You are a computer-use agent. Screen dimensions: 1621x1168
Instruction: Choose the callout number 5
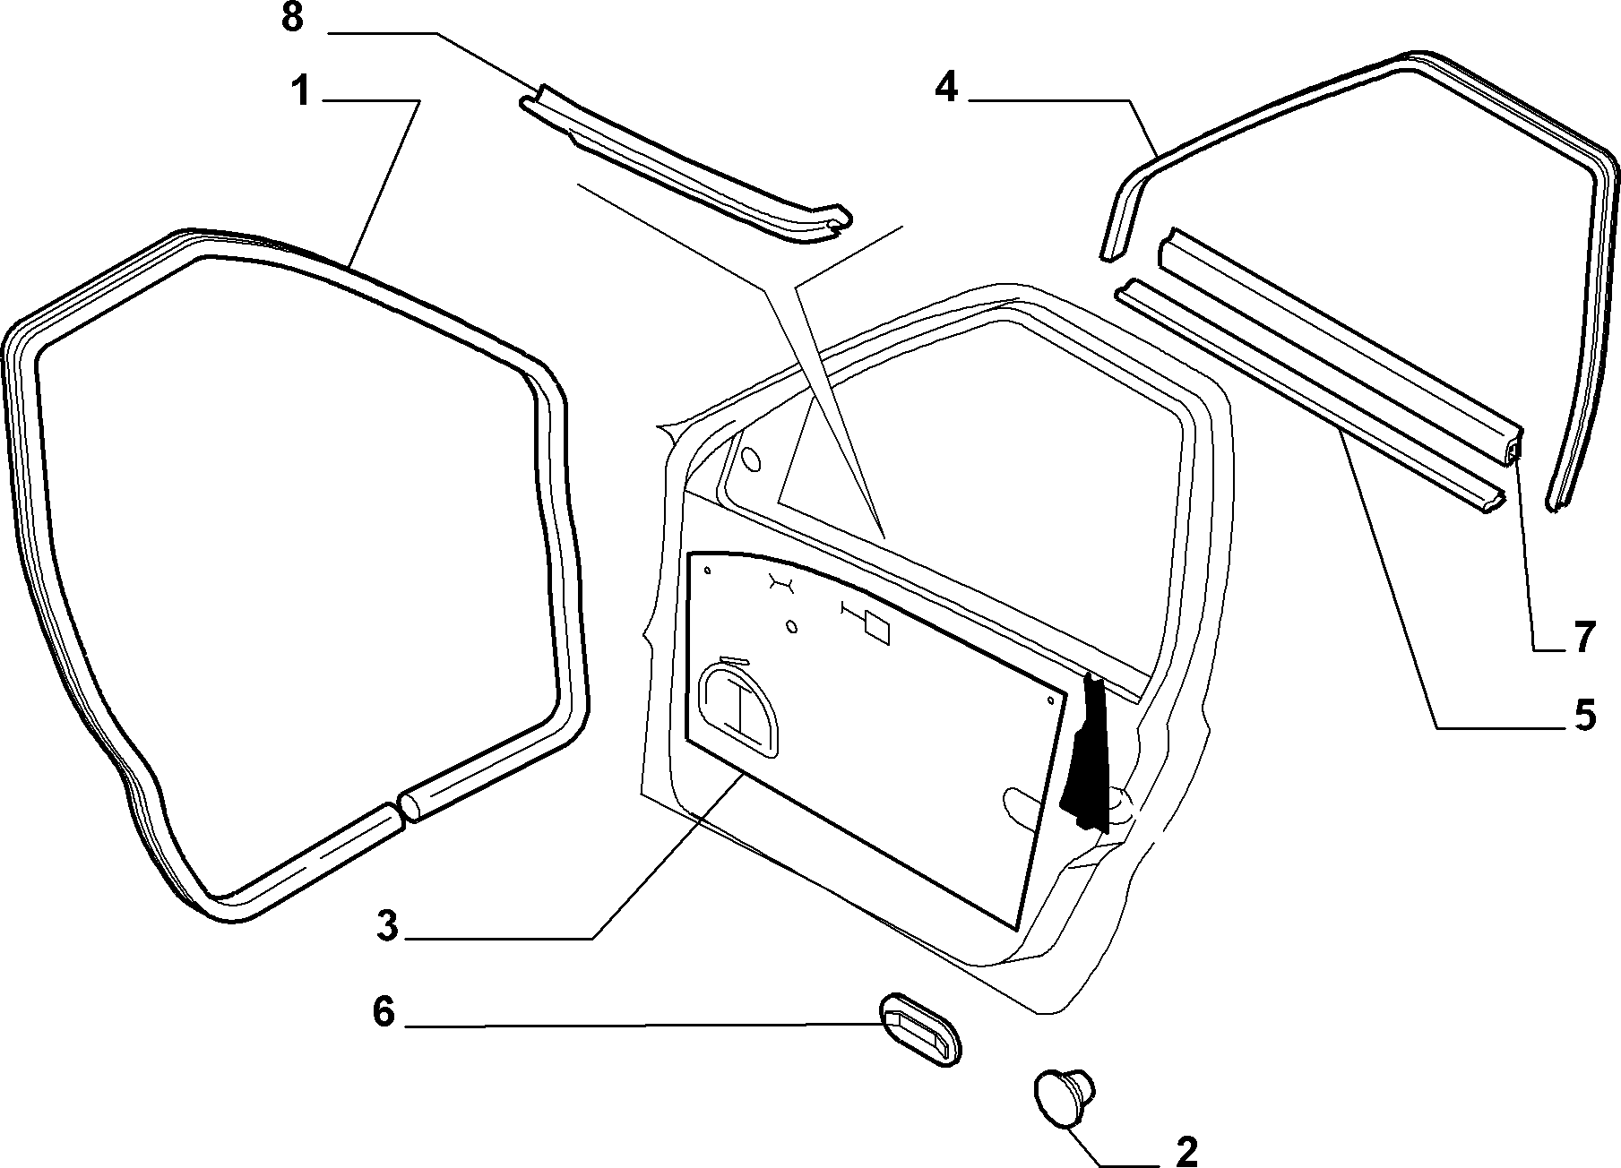coord(1585,716)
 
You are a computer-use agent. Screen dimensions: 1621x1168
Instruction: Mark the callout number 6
coord(384,1012)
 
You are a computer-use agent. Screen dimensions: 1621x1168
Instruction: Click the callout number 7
coord(1584,638)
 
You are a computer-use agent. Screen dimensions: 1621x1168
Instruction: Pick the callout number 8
coord(292,19)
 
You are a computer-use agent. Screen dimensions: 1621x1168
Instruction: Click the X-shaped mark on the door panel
coord(782,583)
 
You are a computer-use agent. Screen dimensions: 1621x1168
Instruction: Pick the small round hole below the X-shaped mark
coord(791,626)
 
